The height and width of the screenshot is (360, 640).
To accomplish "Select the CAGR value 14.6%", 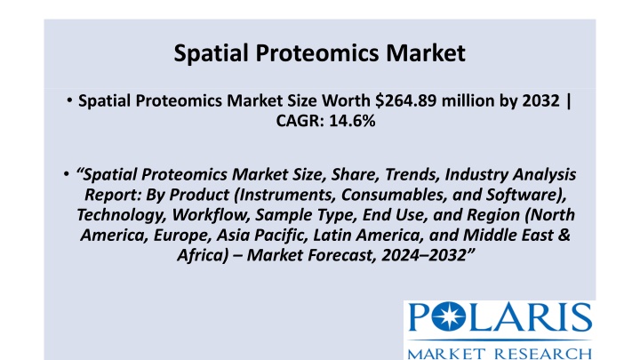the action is [352, 121].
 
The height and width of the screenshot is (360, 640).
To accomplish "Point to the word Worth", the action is [346, 100].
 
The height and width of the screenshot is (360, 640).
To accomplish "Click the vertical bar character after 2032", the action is [569, 101].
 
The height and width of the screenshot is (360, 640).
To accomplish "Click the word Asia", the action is [232, 235].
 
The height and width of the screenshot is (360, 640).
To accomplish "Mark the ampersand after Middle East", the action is [564, 235].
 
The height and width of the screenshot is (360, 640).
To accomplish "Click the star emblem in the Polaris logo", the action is [449, 316].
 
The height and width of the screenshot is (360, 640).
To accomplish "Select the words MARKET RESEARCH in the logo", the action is [500, 354].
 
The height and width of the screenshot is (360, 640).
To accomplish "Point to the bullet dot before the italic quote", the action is [67, 174].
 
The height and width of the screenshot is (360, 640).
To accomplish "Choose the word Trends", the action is [412, 175].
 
